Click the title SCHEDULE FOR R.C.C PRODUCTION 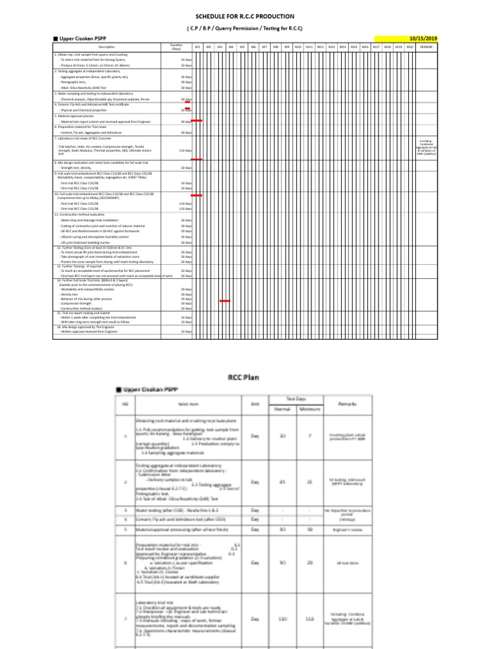[x=244, y=16]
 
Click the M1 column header [x=197, y=47]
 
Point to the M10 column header [x=298, y=47]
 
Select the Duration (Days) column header [x=177, y=47]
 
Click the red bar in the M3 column [x=224, y=301]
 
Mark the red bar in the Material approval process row [x=197, y=120]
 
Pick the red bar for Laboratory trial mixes [x=197, y=159]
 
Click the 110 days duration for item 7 [x=186, y=151]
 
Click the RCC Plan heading [x=244, y=377]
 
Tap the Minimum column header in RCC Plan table [x=309, y=409]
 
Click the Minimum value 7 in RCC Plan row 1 [x=309, y=436]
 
